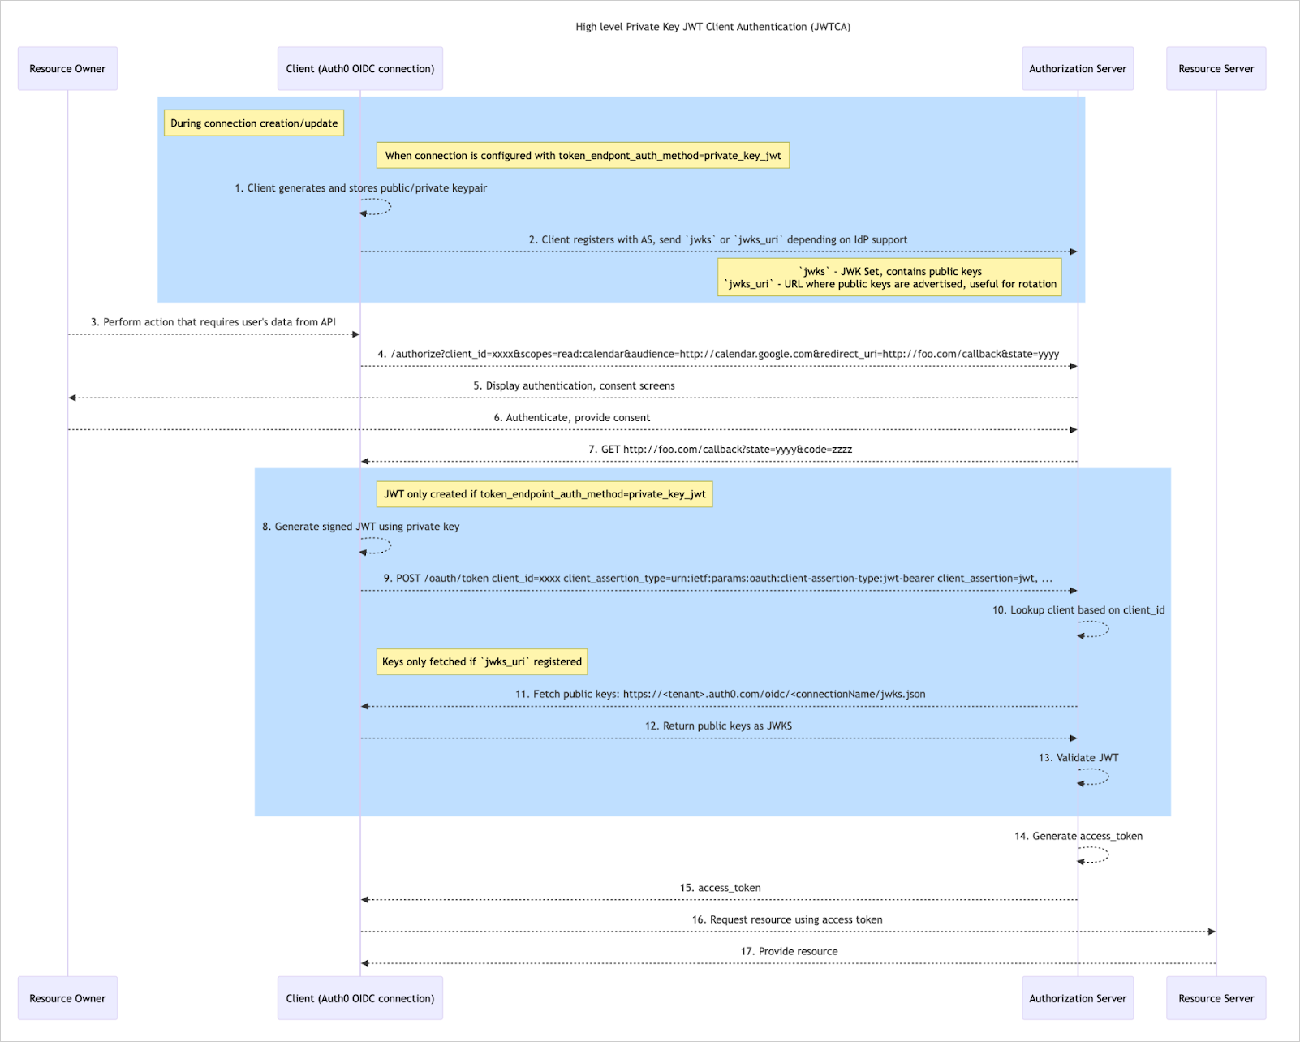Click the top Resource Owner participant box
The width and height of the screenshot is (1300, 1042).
[x=67, y=68]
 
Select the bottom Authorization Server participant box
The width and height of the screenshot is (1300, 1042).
[x=1077, y=998]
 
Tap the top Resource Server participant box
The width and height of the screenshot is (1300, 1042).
[x=1216, y=68]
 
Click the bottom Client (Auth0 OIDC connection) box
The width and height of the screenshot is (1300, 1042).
[x=359, y=998]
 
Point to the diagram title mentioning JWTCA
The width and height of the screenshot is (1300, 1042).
[x=712, y=27]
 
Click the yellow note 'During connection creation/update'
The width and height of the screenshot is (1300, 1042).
[x=254, y=123]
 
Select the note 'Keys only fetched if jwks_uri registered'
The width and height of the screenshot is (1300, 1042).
[x=482, y=661]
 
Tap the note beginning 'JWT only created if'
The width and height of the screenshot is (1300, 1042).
[x=545, y=494]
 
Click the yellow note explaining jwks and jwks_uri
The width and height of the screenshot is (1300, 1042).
[x=889, y=278]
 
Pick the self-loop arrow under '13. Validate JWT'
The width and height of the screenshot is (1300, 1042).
[x=1096, y=777]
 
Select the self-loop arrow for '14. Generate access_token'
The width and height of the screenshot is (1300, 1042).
[x=1096, y=855]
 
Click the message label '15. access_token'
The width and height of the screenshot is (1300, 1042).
[x=720, y=888]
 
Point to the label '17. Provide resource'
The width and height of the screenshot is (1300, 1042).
[x=789, y=951]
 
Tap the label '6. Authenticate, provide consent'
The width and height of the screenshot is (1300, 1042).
[x=571, y=417]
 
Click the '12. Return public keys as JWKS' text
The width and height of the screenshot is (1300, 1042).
[x=718, y=726]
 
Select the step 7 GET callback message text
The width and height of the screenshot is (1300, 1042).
[x=720, y=449]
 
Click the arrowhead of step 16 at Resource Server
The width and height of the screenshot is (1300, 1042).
[x=1212, y=932]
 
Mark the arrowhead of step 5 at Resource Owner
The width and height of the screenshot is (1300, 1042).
[x=72, y=398]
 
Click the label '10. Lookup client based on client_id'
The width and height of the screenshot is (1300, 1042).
[x=1078, y=609]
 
